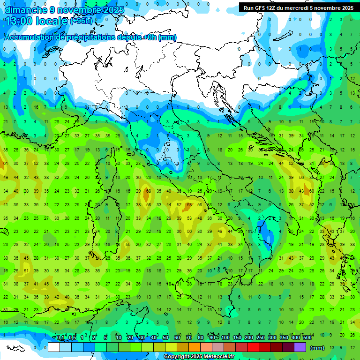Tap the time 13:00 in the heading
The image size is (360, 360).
pos(19,21)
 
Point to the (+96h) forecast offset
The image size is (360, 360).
pos(81,21)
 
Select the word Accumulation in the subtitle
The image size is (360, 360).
pos(28,37)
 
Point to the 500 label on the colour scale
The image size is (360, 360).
pos(307,338)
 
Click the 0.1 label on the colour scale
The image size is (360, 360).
pos(60,338)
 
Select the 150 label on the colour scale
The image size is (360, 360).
pos(237,338)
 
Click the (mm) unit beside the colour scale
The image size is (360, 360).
pos(317,348)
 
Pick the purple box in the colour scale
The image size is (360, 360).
pos(300,347)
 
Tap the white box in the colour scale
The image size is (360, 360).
pos(54,347)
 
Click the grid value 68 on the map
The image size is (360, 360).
pos(148,191)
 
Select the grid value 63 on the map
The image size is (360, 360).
pos(189,205)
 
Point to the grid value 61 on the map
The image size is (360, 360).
pos(6,164)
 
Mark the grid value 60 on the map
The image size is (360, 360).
pos(311,191)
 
